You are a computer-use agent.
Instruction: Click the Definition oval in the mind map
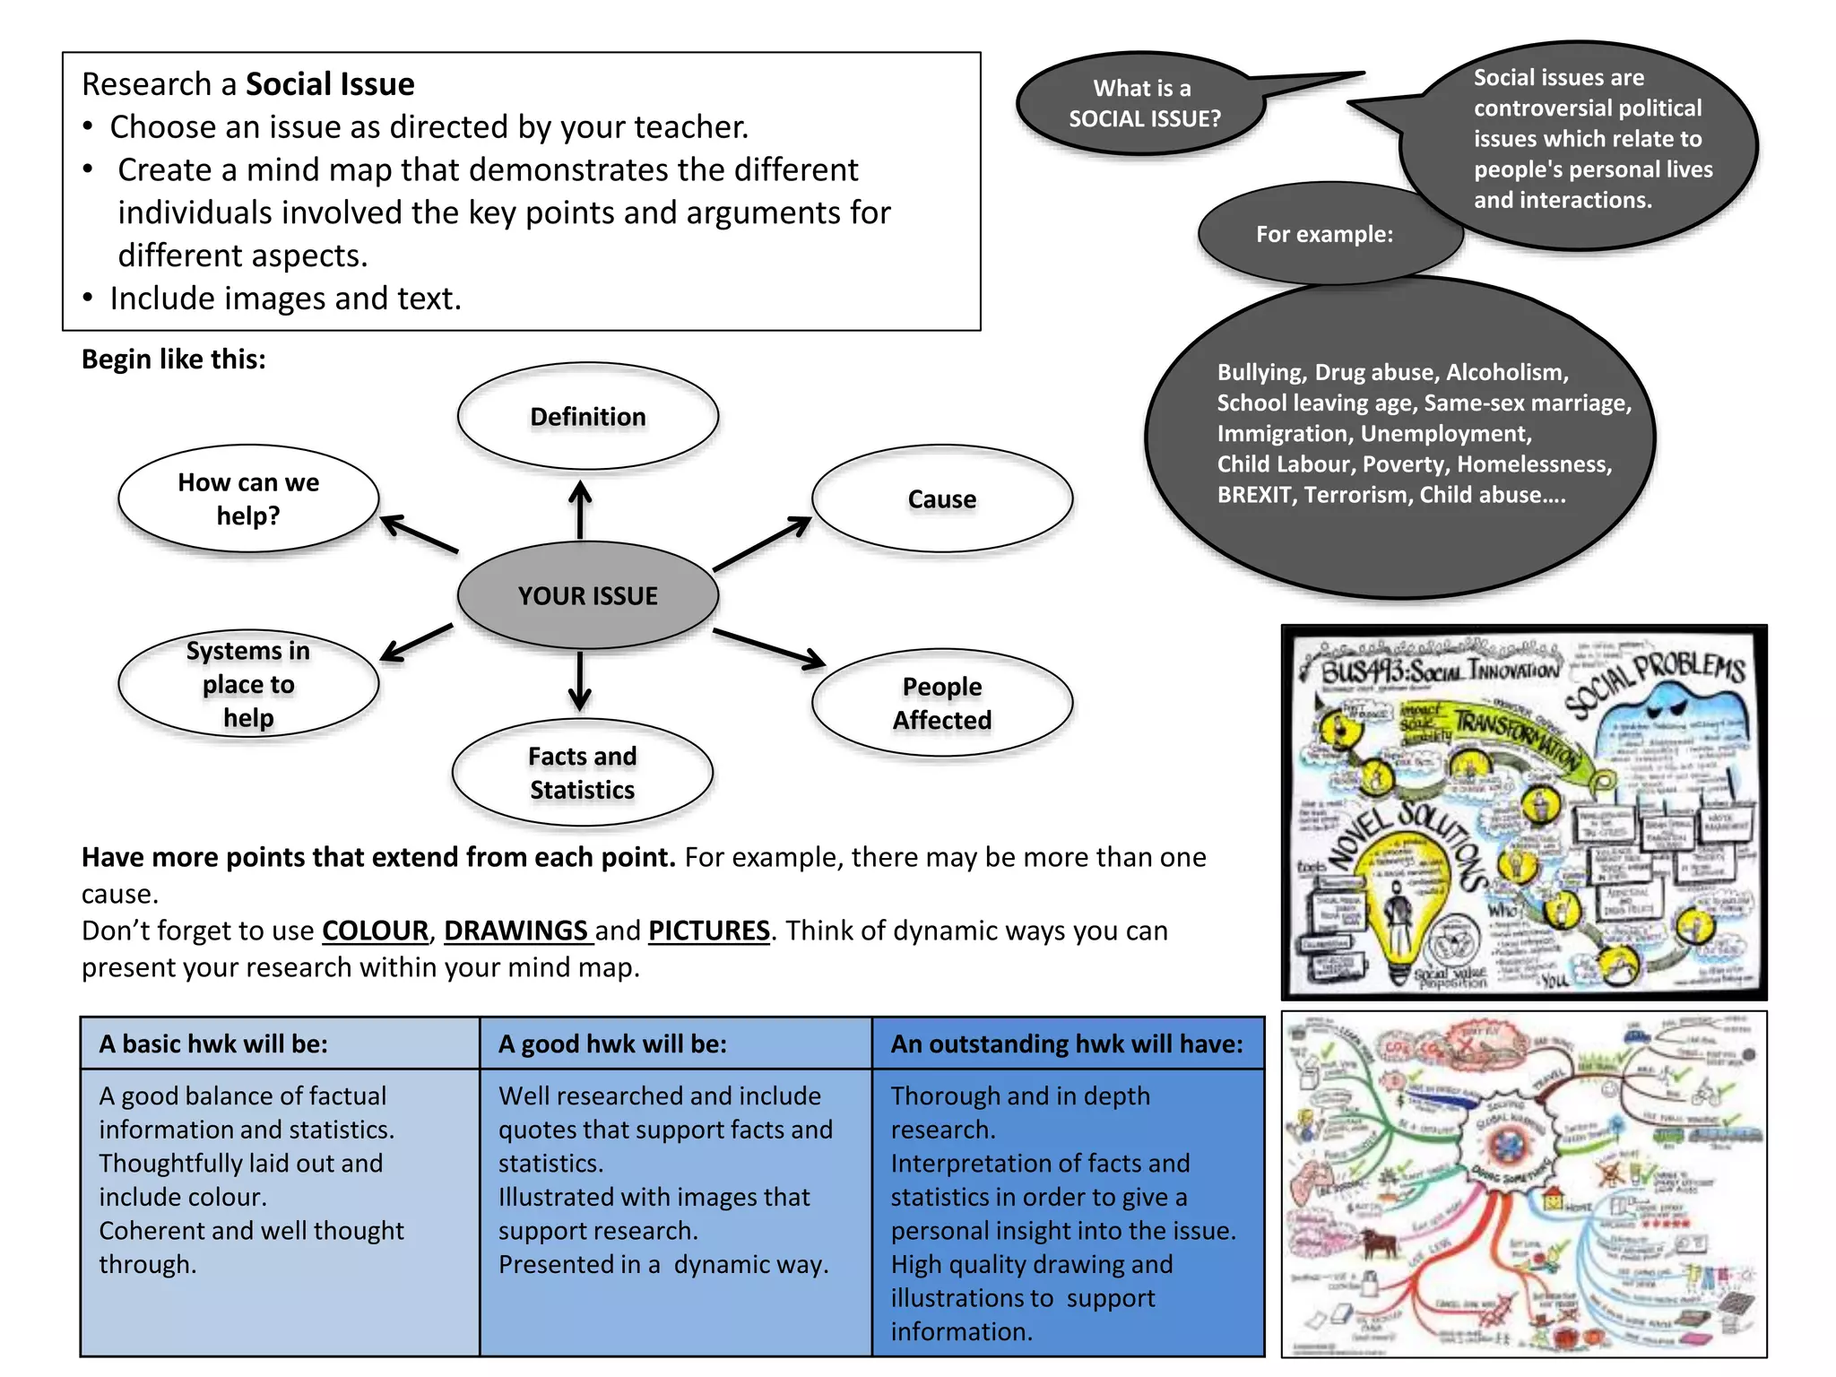tap(587, 417)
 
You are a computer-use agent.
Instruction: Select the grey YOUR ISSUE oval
tap(587, 595)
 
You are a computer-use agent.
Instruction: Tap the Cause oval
tap(941, 498)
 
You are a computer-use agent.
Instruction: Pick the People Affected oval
tap(941, 703)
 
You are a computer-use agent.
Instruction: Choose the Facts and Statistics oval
tap(582, 773)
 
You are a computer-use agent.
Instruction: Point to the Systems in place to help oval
tap(248, 684)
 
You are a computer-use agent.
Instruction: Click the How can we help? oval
tap(248, 498)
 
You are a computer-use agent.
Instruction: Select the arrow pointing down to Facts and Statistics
tap(580, 681)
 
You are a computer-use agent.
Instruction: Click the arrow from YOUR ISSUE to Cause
tap(762, 543)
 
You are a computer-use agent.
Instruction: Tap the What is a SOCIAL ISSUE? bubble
tap(1143, 103)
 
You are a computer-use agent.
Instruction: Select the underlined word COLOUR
tap(375, 931)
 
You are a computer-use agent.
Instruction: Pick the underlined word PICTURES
tap(708, 931)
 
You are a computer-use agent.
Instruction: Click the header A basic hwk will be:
tap(213, 1044)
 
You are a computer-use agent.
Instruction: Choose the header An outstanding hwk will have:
tap(1067, 1044)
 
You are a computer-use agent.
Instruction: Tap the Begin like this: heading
tap(174, 359)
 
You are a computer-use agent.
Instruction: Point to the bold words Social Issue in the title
tap(330, 84)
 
